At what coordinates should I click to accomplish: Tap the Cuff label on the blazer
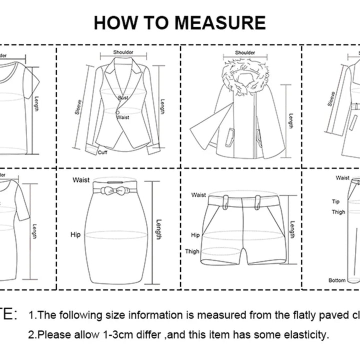point(103,152)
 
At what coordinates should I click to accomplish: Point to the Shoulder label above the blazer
point(123,52)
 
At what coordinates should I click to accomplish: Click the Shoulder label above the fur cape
point(245,52)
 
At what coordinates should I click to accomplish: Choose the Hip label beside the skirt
point(76,234)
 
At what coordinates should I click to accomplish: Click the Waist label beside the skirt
point(81,179)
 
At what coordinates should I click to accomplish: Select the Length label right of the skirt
point(158,229)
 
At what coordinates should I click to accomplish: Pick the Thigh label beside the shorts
point(192,251)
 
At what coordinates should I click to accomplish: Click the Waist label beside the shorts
point(198,195)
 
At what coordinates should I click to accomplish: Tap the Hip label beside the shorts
point(195,234)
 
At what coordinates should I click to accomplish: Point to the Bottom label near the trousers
point(336,280)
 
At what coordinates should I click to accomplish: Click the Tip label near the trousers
point(336,201)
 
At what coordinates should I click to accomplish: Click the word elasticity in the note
point(304,334)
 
